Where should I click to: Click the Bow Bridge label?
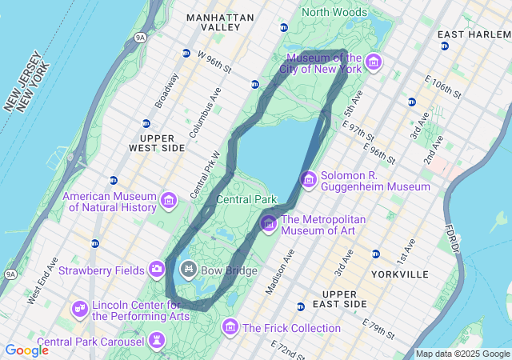tap(229, 270)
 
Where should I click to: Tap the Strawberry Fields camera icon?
tap(157, 268)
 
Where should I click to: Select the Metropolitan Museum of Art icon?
tap(268, 223)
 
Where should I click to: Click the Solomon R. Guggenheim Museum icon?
tap(308, 179)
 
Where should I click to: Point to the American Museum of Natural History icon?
tap(168, 200)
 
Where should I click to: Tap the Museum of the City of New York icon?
tap(372, 62)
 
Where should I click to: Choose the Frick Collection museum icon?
tap(230, 327)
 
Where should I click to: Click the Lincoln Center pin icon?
tap(79, 308)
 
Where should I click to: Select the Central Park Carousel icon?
tap(157, 342)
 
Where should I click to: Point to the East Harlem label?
tap(474, 34)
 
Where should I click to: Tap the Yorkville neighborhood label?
tap(400, 274)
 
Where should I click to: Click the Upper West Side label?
tap(157, 143)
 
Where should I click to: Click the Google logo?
tap(26, 350)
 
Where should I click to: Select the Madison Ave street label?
tap(280, 271)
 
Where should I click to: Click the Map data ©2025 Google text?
tap(462, 354)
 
